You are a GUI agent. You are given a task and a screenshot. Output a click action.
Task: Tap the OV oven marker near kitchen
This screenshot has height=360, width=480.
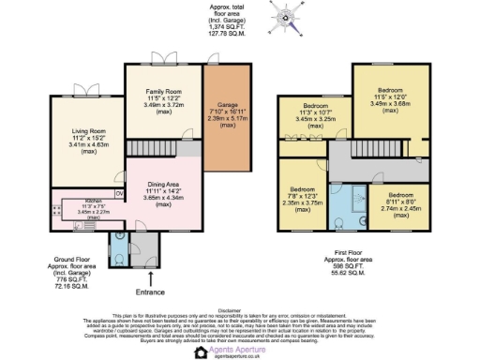click(x=119, y=179)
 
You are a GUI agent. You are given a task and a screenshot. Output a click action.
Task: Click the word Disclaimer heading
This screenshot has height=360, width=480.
click(x=240, y=306)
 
